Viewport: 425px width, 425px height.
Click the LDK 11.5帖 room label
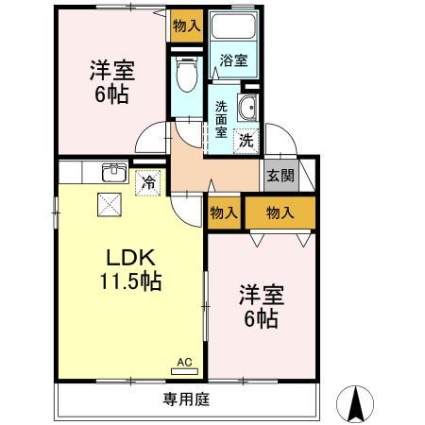[x=128, y=268]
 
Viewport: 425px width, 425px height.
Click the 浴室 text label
[x=232, y=60]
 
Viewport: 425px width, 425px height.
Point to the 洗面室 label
[x=221, y=119]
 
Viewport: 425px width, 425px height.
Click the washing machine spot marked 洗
[x=245, y=141]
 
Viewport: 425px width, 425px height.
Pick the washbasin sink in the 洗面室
[x=248, y=108]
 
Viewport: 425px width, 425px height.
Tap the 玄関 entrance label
[x=279, y=175]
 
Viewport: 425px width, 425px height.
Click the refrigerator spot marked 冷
[x=147, y=182]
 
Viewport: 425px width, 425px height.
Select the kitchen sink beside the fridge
[x=114, y=173]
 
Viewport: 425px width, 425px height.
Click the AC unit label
[x=184, y=362]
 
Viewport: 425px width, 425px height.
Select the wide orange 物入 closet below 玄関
[x=280, y=213]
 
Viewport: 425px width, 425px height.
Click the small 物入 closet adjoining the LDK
[x=224, y=213]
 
